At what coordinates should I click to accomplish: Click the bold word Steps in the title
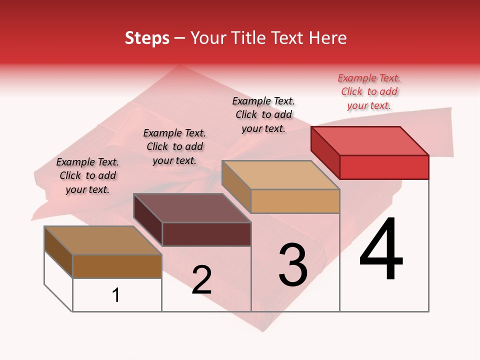click(x=147, y=38)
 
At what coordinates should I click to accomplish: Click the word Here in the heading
click(x=325, y=38)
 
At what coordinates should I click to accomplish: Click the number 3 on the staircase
click(x=293, y=265)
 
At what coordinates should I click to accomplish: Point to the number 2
click(x=201, y=280)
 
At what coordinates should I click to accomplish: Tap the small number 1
click(x=116, y=295)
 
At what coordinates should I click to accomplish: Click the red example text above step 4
click(x=369, y=91)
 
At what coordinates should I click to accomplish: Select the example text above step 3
click(x=263, y=114)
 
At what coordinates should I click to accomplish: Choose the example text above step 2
click(x=174, y=146)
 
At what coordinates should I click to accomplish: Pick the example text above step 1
click(x=87, y=175)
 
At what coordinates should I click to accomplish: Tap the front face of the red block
click(x=384, y=167)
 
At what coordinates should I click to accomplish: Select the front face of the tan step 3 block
click(x=295, y=201)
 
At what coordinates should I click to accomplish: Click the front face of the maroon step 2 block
click(x=206, y=234)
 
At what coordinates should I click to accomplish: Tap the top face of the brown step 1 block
click(x=103, y=240)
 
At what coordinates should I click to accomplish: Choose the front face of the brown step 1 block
click(x=117, y=266)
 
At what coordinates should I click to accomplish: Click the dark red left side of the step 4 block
click(x=325, y=152)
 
